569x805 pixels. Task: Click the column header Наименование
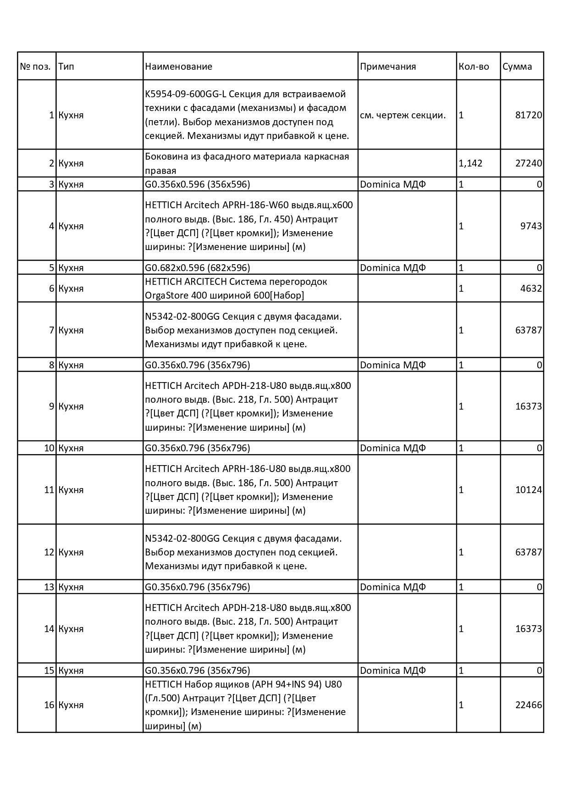[179, 67]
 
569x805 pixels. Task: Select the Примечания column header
[388, 67]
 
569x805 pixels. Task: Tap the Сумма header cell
[517, 67]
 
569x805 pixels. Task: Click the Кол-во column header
[474, 67]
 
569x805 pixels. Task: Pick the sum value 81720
[529, 115]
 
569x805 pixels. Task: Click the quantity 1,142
[470, 163]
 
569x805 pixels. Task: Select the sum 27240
[529, 163]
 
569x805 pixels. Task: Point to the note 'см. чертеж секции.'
[403, 115]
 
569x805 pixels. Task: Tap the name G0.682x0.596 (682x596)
[198, 268]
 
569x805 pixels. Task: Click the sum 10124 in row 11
[529, 490]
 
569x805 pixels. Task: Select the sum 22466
[529, 705]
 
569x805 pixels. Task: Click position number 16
[49, 705]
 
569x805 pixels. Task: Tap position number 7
[52, 330]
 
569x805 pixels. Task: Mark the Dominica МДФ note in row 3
[393, 184]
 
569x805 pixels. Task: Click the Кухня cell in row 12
[71, 552]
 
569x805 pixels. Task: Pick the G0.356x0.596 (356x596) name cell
[198, 184]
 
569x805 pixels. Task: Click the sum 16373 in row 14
[529, 629]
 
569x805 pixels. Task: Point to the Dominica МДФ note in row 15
[393, 671]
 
